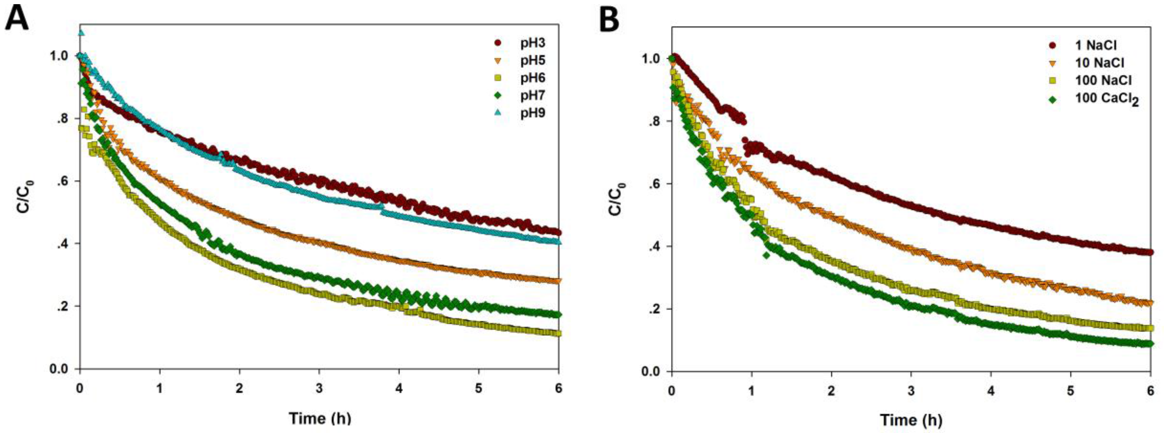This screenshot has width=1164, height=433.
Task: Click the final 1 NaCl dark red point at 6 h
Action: point(1150,252)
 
